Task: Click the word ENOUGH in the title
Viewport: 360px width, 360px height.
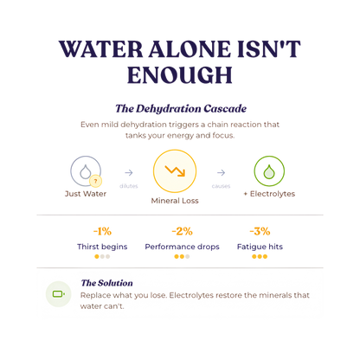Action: point(180,75)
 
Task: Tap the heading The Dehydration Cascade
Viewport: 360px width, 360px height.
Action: point(181,109)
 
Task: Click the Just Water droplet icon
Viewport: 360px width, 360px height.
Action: point(86,172)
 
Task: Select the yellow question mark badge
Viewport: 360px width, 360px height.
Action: point(96,182)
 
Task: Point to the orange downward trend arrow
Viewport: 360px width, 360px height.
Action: point(175,170)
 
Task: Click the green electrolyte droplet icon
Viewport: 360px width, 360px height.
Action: point(269,171)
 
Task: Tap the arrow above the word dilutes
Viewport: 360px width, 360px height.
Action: point(129,172)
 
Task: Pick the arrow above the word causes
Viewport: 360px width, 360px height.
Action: point(221,172)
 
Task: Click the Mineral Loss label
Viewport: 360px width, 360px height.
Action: point(175,201)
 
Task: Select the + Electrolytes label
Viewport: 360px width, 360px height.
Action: point(269,194)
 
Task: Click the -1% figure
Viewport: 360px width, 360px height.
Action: point(102,231)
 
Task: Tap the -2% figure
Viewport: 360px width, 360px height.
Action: point(182,231)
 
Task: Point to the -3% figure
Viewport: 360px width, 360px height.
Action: point(260,231)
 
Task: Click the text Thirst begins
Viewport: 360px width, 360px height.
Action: point(102,247)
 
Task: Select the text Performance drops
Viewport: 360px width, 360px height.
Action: point(182,247)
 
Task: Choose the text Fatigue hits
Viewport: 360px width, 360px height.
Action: point(260,247)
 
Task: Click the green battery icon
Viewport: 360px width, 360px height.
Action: point(59,294)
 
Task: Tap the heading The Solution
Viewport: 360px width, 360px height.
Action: point(107,283)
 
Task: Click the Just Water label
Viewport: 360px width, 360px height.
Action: point(86,194)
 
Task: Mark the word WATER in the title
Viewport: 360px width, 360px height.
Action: point(100,48)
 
